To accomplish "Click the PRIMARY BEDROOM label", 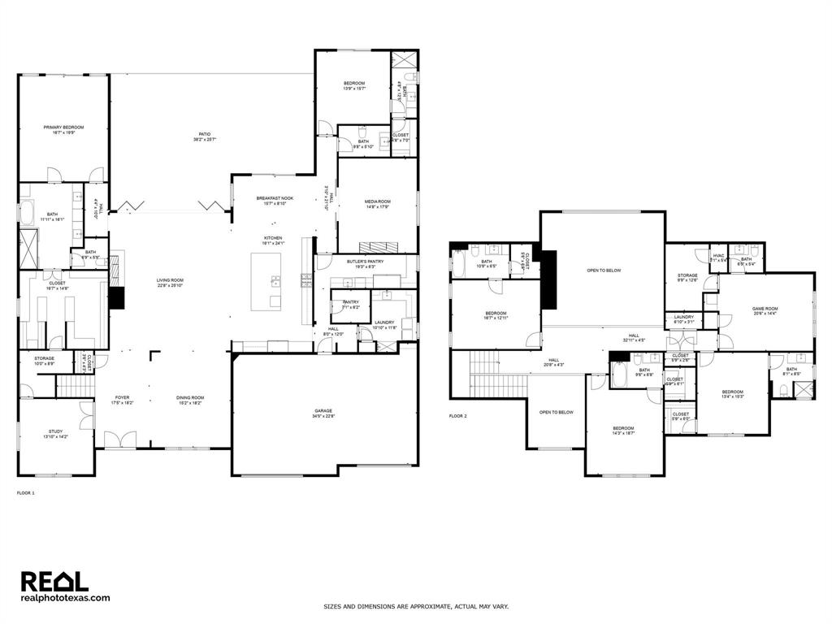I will (x=63, y=128).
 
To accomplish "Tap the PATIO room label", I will (x=205, y=134).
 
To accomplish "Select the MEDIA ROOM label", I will (x=377, y=201).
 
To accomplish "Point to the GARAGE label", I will (x=323, y=411).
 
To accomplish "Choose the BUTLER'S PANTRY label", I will (x=365, y=262).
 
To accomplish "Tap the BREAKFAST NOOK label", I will (x=275, y=198).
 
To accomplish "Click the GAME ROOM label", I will (x=765, y=309).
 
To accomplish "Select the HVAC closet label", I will (x=718, y=256).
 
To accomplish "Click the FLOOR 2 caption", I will (x=458, y=416).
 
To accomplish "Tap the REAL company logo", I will (x=54, y=581).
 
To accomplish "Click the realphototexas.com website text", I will (x=65, y=598).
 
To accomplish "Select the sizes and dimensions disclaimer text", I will (x=416, y=606).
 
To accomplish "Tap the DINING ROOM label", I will (x=190, y=397).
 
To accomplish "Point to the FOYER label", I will (x=122, y=397).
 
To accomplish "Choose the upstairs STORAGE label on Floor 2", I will (x=687, y=275).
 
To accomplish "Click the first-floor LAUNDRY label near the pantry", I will (x=384, y=323).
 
